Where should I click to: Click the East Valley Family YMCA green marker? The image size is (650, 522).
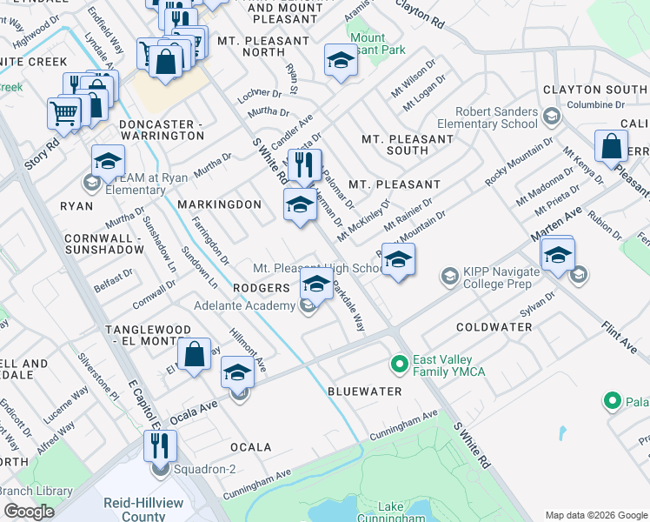(400, 363)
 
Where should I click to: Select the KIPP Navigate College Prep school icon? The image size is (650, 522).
(449, 277)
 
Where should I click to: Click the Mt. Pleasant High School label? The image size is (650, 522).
(319, 268)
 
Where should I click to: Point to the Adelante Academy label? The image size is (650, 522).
(245, 306)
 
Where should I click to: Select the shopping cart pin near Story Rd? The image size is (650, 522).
(63, 111)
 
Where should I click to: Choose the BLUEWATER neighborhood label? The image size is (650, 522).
(365, 391)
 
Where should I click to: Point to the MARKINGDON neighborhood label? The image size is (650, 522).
(219, 204)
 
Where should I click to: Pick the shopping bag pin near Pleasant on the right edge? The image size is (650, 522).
(612, 147)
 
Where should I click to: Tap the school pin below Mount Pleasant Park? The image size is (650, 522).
(341, 61)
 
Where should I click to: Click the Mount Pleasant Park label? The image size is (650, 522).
(378, 44)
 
